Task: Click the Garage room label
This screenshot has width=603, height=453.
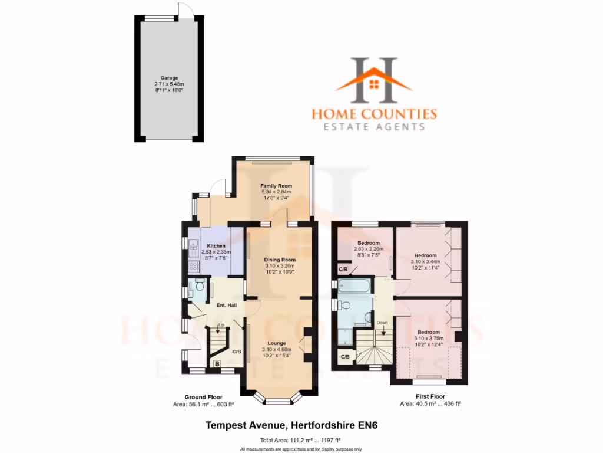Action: [x=169, y=77]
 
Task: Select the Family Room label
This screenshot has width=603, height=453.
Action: [x=276, y=186]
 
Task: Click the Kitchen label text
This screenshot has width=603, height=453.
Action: [x=216, y=246]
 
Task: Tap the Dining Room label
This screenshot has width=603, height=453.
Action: [x=280, y=260]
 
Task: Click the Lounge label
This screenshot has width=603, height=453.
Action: [x=276, y=343]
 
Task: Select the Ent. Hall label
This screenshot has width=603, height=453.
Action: [x=226, y=305]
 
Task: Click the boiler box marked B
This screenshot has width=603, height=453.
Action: [x=217, y=364]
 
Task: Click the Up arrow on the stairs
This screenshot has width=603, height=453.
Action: [x=221, y=328]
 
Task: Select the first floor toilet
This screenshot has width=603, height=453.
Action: [x=346, y=305]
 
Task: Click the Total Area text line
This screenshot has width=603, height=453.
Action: [x=301, y=440]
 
